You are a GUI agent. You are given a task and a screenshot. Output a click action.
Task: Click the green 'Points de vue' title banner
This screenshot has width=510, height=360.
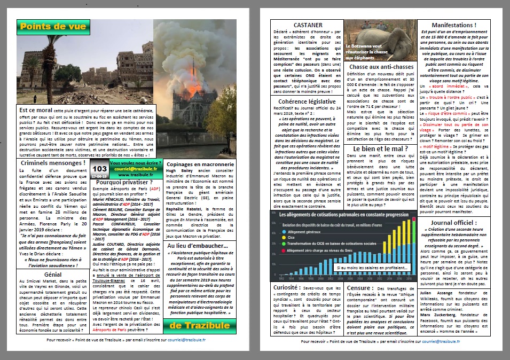pyautogui.click(x=46, y=27)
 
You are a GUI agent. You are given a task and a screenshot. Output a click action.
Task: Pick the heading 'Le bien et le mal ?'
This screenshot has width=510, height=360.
pyautogui.click(x=378, y=148)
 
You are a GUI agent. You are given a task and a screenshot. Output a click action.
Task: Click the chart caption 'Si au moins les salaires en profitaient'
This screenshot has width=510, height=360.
pyautogui.click(x=372, y=267)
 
